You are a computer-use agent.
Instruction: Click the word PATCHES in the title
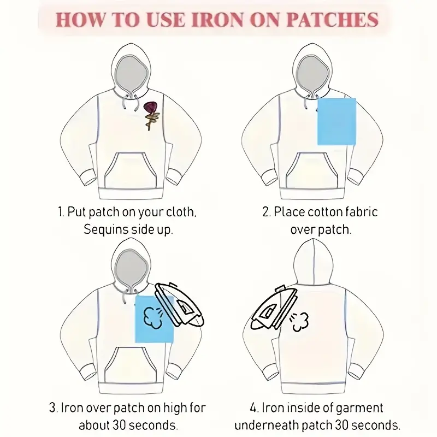(x=332, y=20)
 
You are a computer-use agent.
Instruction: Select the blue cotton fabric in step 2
(x=336, y=121)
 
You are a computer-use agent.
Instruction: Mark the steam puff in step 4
(x=299, y=322)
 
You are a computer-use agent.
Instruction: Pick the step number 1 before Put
(x=61, y=212)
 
